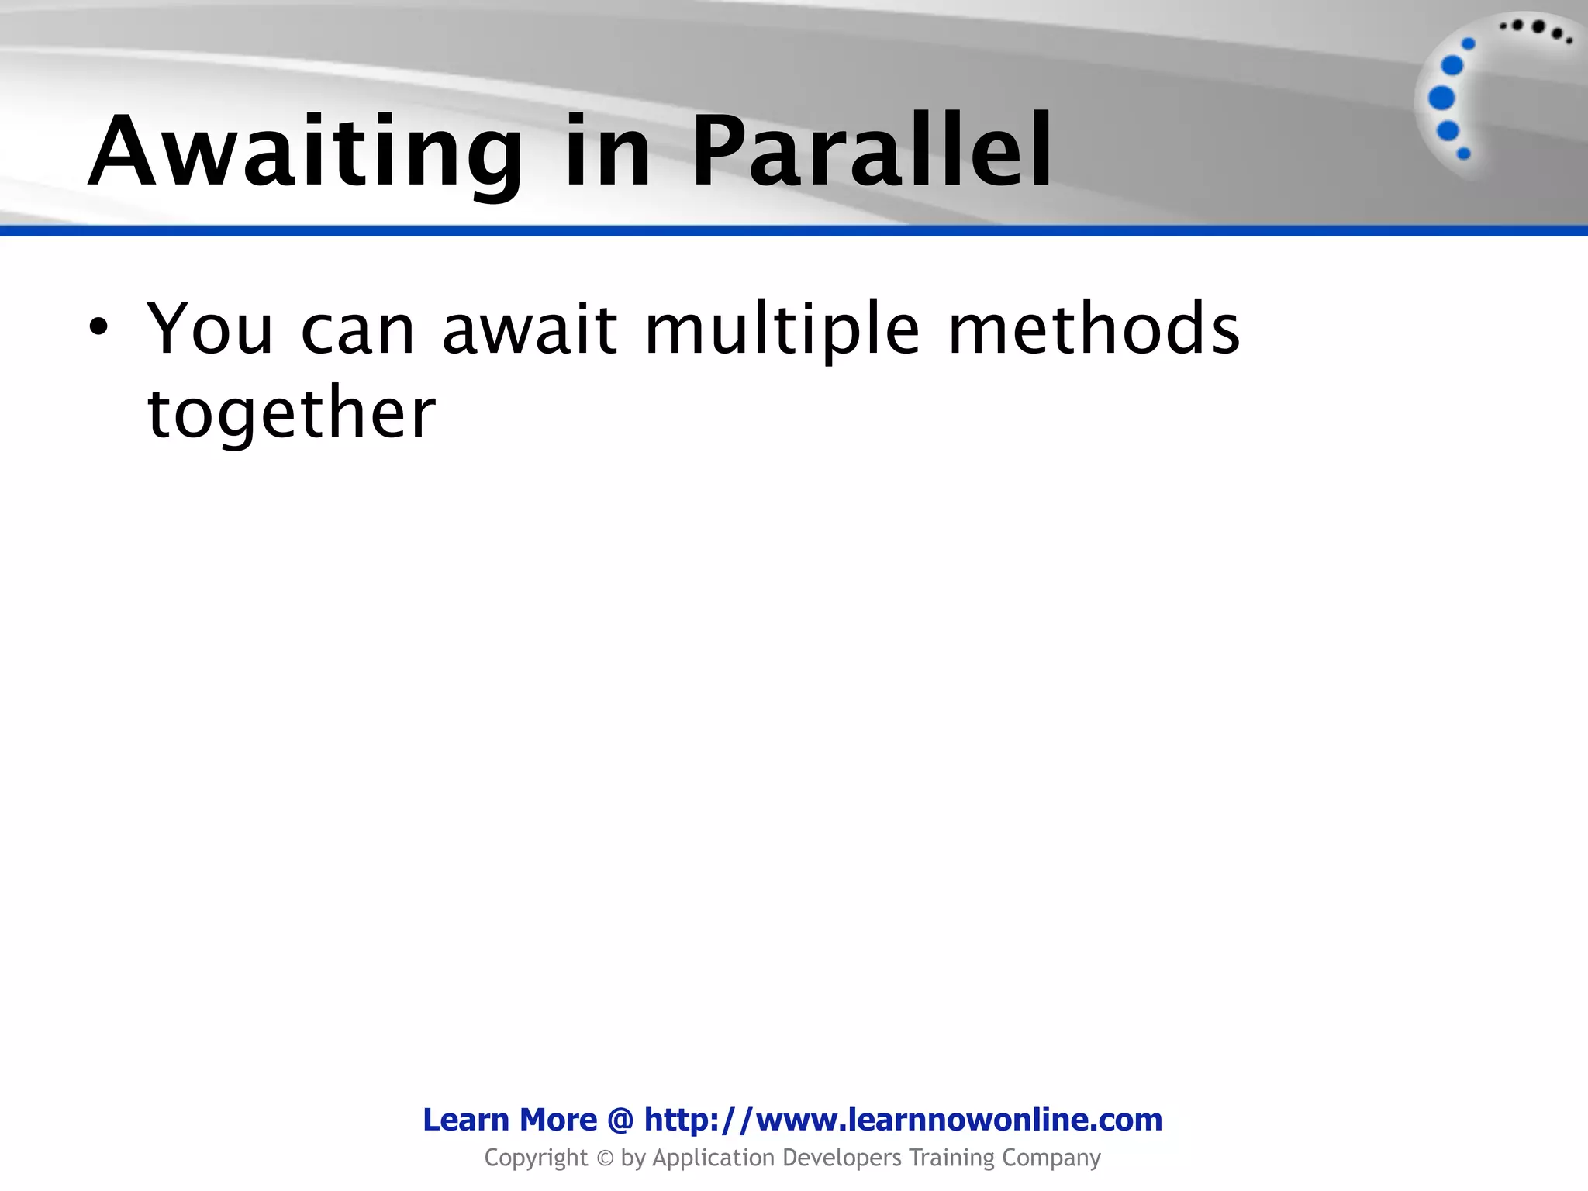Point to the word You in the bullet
point(209,330)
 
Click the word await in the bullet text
point(530,330)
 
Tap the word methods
point(1093,330)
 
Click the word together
point(292,415)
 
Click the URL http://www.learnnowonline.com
point(903,1120)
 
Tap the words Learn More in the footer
point(509,1120)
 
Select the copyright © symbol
point(604,1158)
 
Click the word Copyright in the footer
point(536,1158)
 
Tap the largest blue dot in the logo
point(1441,98)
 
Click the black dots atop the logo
point(1536,29)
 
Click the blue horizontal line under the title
point(794,231)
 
